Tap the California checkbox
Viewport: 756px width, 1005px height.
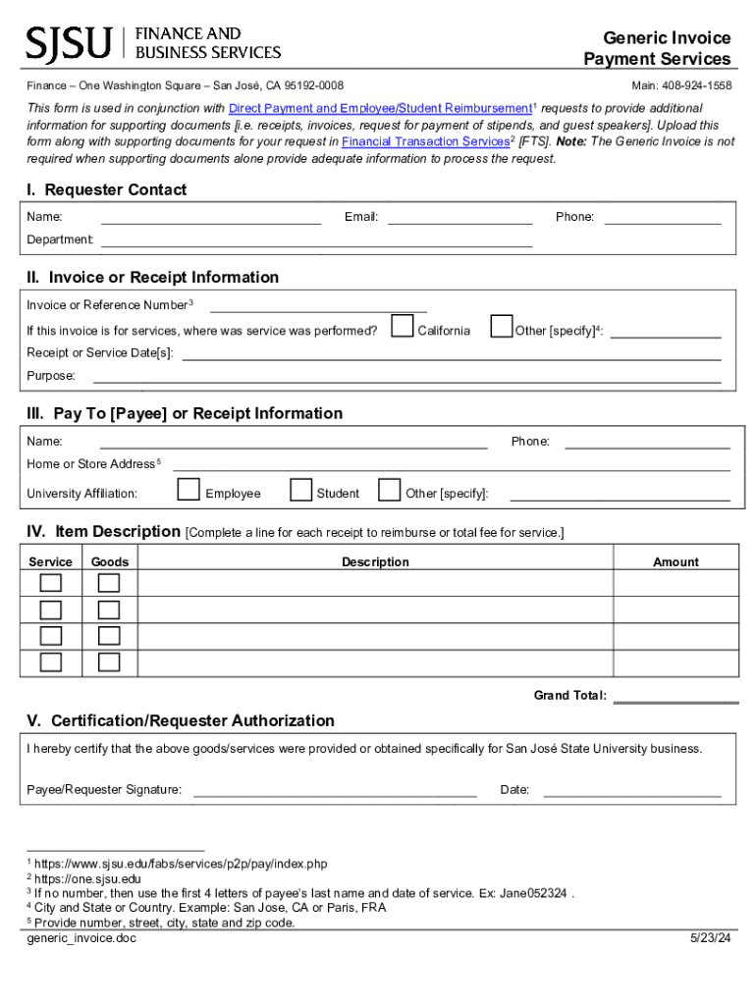click(402, 326)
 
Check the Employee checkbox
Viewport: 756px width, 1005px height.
click(189, 489)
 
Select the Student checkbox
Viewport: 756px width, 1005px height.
click(300, 489)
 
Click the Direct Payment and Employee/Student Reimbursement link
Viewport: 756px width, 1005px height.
click(380, 108)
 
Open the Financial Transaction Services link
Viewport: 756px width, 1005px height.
click(425, 141)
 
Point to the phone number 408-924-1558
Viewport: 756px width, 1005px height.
click(696, 86)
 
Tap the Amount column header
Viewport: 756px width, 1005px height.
click(675, 562)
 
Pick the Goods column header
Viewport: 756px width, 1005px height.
click(110, 562)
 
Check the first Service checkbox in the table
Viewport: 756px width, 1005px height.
click(50, 583)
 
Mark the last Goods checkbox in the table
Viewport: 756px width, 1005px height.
click(109, 662)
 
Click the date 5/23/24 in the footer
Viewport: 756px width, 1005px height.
click(710, 938)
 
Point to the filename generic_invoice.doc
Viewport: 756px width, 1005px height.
click(81, 938)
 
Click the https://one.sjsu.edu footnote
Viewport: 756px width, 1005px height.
click(87, 878)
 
